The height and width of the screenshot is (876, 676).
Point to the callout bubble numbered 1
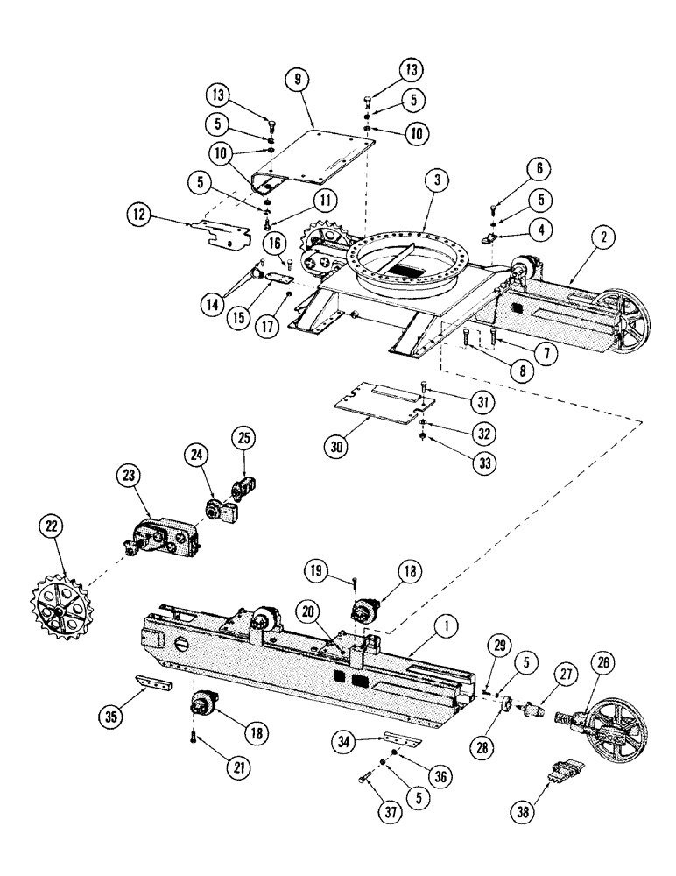447,627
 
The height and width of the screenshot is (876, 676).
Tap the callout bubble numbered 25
244,436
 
